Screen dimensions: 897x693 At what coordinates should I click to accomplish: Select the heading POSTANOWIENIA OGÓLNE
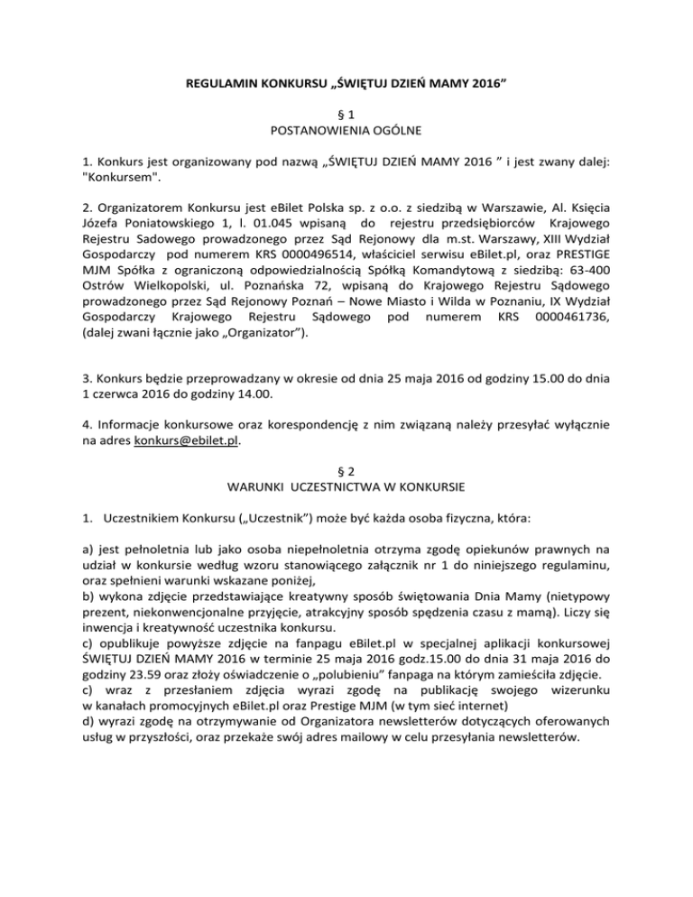(x=346, y=132)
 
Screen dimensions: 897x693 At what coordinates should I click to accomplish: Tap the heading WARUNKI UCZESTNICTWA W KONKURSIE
(x=346, y=488)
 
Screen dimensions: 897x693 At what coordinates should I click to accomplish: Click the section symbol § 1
(x=346, y=115)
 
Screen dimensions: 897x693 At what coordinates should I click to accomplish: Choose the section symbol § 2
(x=346, y=471)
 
